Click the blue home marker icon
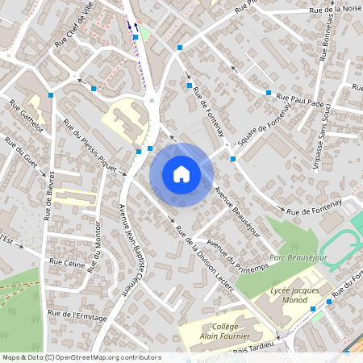[181, 174]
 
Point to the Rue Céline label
[67, 263]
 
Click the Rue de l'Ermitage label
[77, 314]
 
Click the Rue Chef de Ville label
[73, 29]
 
